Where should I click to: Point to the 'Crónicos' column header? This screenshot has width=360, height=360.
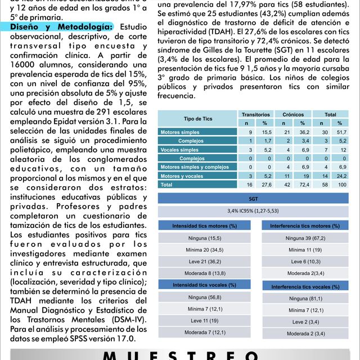pyautogui.click(x=293, y=114)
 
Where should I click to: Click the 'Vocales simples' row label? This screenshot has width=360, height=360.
pyautogui.click(x=181, y=150)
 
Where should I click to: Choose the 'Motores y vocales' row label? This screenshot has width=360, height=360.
pyautogui.click(x=182, y=176)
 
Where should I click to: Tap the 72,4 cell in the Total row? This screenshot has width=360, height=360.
pyautogui.click(x=303, y=184)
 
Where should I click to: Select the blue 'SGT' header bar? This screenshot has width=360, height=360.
pyautogui.click(x=253, y=199)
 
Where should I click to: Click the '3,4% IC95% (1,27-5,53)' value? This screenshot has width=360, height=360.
pyautogui.click(x=253, y=211)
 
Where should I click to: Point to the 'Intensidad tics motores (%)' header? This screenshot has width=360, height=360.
pyautogui.click(x=204, y=226)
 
